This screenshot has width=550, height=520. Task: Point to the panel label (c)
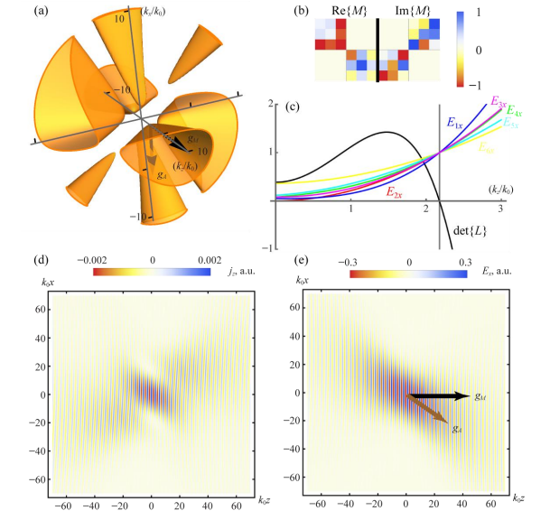click(x=293, y=108)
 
